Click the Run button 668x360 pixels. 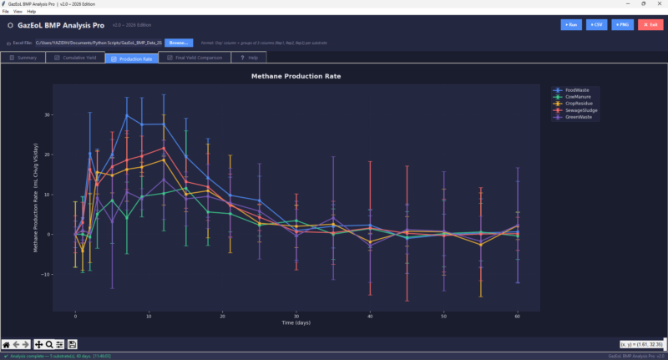(571, 25)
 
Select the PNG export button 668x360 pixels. (622, 25)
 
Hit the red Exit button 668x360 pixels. (650, 25)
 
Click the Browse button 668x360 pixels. (178, 42)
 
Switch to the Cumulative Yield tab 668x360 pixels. (75, 58)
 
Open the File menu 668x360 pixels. (5, 12)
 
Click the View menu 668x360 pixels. (18, 12)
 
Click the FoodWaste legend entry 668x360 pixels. (577, 90)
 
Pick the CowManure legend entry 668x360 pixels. (578, 97)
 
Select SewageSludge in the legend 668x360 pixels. (581, 110)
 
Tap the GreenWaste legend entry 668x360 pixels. (578, 117)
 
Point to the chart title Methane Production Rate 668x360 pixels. (296, 76)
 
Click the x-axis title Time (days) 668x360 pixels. (296, 322)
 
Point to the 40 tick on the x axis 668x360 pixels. (370, 316)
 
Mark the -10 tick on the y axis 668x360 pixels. (47, 274)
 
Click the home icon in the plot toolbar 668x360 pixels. (7, 344)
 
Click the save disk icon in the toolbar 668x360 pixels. (73, 344)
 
